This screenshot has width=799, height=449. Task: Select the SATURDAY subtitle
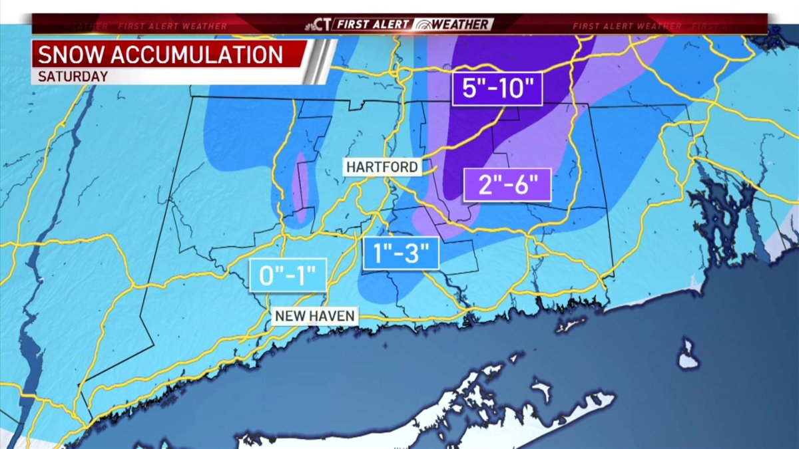click(x=73, y=76)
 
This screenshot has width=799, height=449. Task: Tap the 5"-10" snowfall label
click(x=497, y=88)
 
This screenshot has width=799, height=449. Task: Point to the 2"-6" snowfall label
click(x=507, y=184)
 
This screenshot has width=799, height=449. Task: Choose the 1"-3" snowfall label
click(x=401, y=253)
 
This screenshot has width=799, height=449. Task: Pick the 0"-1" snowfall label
click(x=288, y=275)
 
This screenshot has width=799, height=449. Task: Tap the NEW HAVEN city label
click(x=315, y=316)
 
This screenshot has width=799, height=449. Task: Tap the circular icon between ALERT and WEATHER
click(x=422, y=25)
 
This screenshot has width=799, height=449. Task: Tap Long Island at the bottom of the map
click(x=466, y=412)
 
